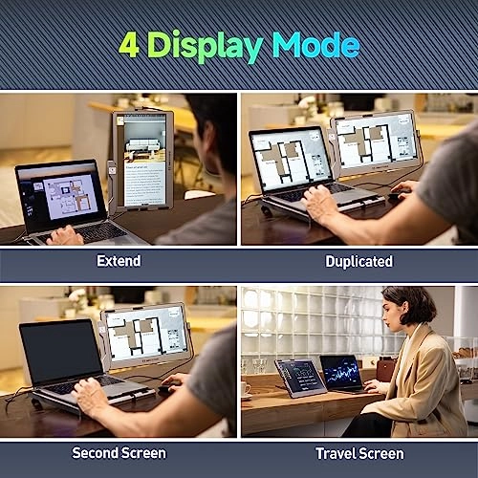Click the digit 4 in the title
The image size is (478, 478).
(x=129, y=45)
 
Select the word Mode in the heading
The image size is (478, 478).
(x=316, y=45)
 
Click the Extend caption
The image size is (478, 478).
(x=119, y=261)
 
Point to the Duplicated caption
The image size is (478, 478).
(x=358, y=262)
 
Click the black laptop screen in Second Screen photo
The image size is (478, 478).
(x=60, y=351)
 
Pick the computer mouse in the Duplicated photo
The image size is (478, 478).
(x=396, y=195)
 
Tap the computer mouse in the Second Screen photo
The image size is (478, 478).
(x=166, y=388)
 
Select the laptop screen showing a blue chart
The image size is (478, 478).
(x=341, y=373)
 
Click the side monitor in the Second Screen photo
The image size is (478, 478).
(x=146, y=335)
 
